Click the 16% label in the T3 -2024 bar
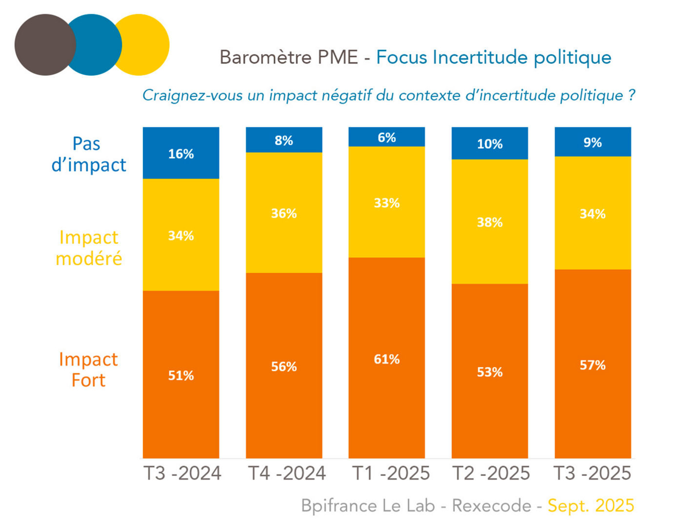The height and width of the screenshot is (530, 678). coord(181,154)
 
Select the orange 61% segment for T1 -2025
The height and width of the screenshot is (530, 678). coord(386,358)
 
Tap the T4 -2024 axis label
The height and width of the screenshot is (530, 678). coord(287,473)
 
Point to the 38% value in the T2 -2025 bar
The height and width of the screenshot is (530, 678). coord(490,223)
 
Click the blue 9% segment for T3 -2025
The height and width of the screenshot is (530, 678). coord(593,142)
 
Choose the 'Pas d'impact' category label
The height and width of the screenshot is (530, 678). coord(88,154)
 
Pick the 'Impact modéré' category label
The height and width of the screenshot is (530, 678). coord(88,248)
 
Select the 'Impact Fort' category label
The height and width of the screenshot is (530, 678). coord(88,369)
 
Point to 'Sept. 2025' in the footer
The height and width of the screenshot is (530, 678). coord(591,506)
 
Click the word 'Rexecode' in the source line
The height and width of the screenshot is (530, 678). coord(491,506)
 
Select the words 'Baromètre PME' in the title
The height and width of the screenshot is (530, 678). coord(289,58)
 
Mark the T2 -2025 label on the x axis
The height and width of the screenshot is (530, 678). coord(491,473)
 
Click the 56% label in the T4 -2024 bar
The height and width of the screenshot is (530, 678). coord(284,367)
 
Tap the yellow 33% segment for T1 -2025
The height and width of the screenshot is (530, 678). coord(386,202)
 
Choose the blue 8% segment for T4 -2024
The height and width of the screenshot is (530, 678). coord(284,141)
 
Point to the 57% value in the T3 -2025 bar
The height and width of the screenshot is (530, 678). coord(593,365)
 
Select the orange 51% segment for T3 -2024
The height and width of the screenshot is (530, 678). coord(181,375)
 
